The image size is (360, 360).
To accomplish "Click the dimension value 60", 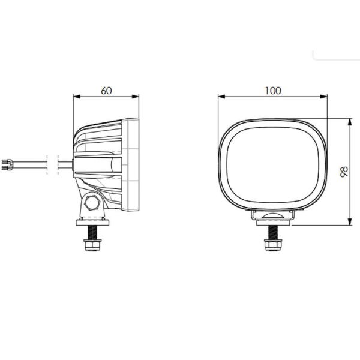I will (106, 91).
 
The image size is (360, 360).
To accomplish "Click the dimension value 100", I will (273, 91).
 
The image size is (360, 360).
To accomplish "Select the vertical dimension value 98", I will (344, 172).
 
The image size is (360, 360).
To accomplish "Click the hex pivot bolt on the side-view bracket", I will (92, 202).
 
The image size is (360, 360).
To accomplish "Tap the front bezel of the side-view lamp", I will (134, 165).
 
